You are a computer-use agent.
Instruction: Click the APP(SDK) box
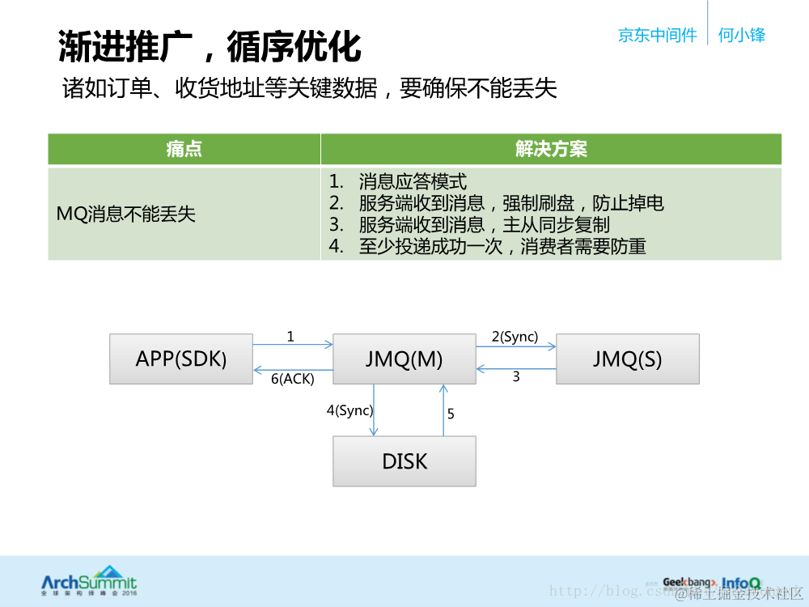[180, 359]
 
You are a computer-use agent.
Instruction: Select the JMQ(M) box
[404, 359]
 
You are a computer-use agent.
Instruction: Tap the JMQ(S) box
[627, 359]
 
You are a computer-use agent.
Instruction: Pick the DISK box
[404, 461]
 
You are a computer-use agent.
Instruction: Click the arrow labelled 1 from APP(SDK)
[292, 345]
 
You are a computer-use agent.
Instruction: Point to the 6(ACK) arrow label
[292, 378]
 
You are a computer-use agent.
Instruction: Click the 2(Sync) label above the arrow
[515, 337]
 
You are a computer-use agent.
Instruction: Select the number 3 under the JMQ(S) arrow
[516, 377]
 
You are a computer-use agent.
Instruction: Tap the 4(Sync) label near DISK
[349, 410]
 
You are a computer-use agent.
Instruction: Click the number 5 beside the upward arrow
[451, 414]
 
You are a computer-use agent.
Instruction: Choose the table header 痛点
[184, 149]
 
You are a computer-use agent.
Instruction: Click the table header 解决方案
[551, 149]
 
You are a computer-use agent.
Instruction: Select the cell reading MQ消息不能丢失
[126, 214]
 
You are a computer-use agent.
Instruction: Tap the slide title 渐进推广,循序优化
[210, 46]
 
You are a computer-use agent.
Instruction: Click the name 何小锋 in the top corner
[741, 35]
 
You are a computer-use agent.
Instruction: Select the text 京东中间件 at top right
[657, 35]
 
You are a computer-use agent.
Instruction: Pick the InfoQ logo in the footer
[741, 582]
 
